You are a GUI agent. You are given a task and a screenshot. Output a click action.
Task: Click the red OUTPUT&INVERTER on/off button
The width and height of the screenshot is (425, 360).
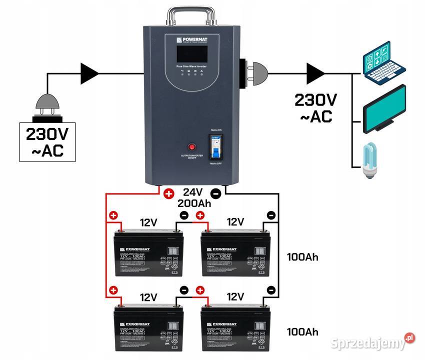[192, 147]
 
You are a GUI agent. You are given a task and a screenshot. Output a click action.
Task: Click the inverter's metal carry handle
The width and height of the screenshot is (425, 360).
[192, 14]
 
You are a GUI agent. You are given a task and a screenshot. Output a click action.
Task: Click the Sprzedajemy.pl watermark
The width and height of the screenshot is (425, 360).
[373, 342]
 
